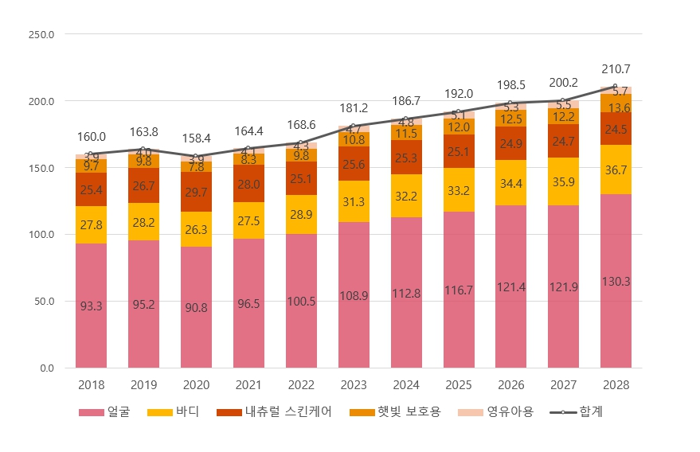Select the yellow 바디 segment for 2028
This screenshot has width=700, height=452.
(616, 169)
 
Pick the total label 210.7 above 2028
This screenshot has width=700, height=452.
(616, 69)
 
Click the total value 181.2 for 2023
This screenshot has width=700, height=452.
(354, 108)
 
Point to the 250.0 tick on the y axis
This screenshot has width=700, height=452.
(41, 35)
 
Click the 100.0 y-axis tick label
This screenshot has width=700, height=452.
(41, 235)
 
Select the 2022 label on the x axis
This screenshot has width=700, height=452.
(301, 385)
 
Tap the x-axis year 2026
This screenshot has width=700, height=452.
(510, 385)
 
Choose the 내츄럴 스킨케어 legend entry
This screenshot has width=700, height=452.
(278, 412)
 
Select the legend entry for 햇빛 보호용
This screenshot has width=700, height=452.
(399, 412)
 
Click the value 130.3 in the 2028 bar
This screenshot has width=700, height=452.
(616, 282)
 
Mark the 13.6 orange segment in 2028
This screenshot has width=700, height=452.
(616, 108)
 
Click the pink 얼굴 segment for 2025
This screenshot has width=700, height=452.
(459, 290)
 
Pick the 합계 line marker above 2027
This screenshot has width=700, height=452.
(563, 101)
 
